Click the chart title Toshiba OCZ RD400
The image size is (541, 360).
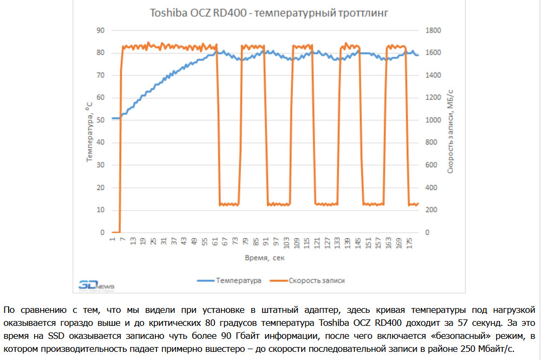pyautogui.click(x=269, y=14)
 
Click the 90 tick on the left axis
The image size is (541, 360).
pyautogui.click(x=100, y=30)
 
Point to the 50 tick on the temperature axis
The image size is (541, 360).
pyautogui.click(x=100, y=120)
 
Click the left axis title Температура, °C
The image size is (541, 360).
pyautogui.click(x=89, y=132)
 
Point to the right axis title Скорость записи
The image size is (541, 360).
pyautogui.click(x=449, y=132)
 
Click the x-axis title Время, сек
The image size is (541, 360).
pyautogui.click(x=264, y=258)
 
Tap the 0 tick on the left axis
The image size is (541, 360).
pyautogui.click(x=102, y=233)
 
